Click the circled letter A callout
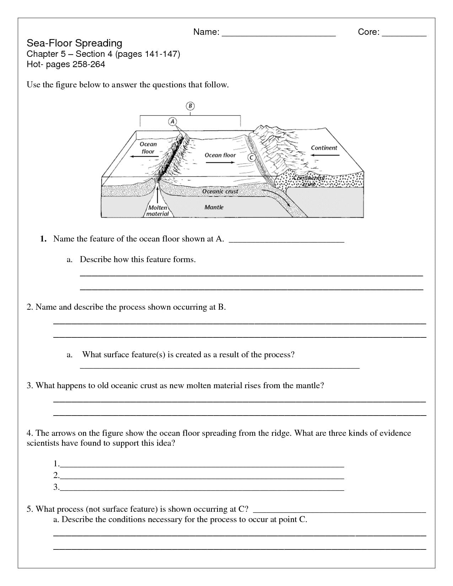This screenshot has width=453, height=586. [x=172, y=121]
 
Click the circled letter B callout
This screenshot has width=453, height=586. [x=190, y=105]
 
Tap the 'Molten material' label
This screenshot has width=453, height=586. [x=157, y=211]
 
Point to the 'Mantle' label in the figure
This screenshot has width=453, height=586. [x=214, y=207]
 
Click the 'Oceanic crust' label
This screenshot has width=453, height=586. [x=220, y=191]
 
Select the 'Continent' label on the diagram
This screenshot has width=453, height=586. [x=324, y=148]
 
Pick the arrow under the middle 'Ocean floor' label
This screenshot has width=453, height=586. [x=220, y=162]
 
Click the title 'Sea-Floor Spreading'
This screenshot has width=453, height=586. [x=75, y=43]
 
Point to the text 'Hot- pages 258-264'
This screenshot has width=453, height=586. [x=66, y=64]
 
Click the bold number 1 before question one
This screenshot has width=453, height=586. [x=43, y=239]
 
